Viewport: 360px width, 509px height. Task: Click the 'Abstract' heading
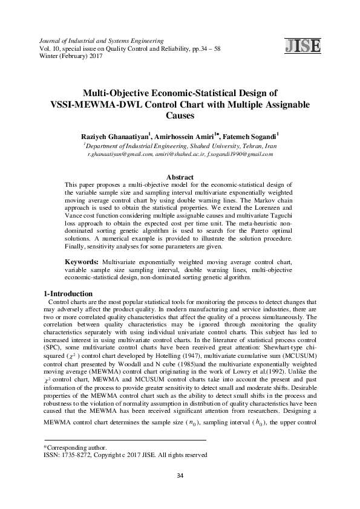coord(179,177)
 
